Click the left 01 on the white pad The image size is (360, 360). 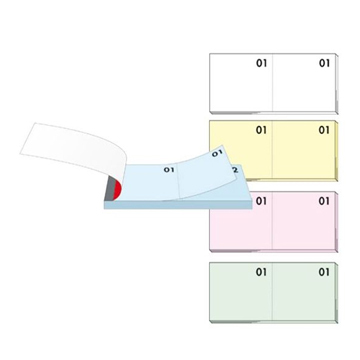pos(262,63)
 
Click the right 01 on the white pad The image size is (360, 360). pos(324,63)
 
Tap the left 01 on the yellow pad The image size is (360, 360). pos(261,130)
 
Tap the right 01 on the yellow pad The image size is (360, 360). pos(324,130)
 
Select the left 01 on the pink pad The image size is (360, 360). pos(261,201)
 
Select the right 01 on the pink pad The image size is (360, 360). pos(324,201)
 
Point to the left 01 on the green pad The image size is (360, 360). pos(261,272)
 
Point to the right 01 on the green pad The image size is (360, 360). pos(324,272)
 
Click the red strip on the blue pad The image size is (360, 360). pos(117,190)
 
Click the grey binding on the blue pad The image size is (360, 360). pos(109,188)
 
